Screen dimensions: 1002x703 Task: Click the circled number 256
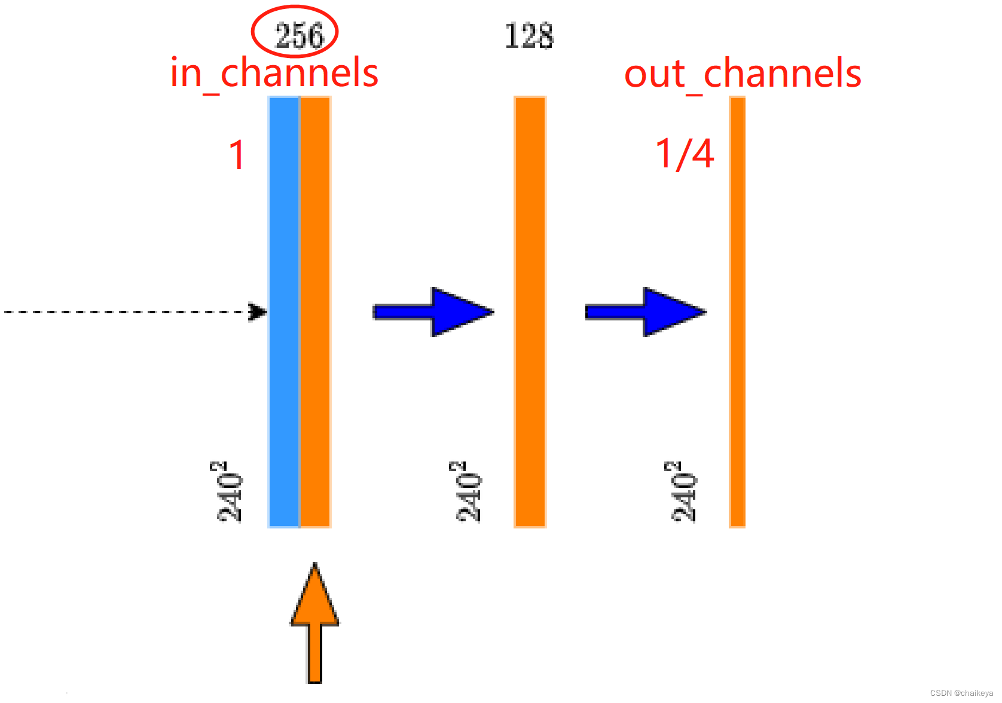298,35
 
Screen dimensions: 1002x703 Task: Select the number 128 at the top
529,36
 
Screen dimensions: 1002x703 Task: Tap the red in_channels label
274,74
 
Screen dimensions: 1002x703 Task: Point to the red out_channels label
743,74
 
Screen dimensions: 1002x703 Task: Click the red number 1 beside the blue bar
237,155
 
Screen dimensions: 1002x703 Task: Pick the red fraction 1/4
685,154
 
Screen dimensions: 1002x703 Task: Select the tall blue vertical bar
284,311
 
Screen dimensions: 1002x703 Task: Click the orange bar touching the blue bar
315,311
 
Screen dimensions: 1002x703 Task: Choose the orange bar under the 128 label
530,311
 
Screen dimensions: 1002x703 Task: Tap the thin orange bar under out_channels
737,311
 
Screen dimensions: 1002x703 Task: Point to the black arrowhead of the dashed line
259,311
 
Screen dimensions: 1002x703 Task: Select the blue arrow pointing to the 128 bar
433,311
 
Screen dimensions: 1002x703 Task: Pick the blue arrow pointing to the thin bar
646,311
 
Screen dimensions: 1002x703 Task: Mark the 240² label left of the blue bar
229,492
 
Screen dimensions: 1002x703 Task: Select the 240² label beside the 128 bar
468,492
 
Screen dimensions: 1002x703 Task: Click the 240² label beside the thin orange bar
683,492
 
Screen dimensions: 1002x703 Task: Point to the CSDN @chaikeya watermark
961,693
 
